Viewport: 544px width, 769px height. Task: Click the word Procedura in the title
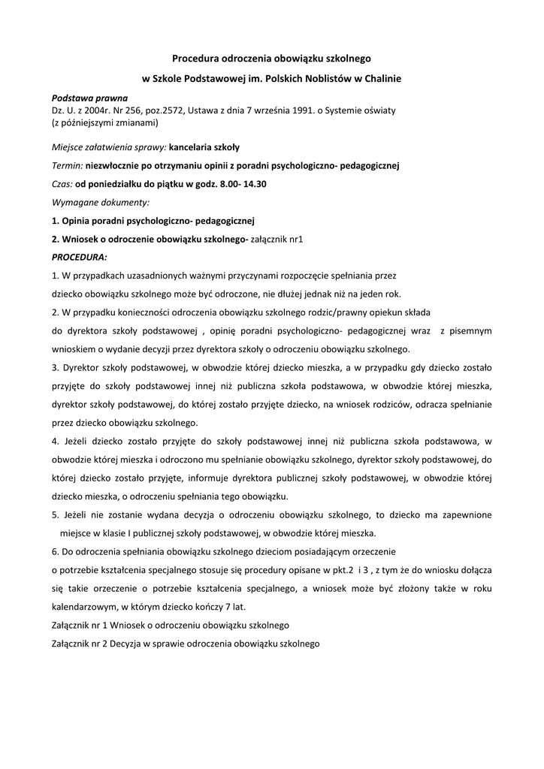click(195, 57)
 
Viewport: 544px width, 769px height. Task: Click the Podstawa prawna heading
click(89, 98)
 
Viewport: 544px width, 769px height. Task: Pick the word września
click(256, 110)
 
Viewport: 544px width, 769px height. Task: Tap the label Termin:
click(67, 165)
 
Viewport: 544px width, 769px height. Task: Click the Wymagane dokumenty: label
click(101, 202)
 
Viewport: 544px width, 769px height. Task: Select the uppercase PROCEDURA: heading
click(79, 257)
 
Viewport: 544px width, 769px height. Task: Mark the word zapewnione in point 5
click(466, 515)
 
